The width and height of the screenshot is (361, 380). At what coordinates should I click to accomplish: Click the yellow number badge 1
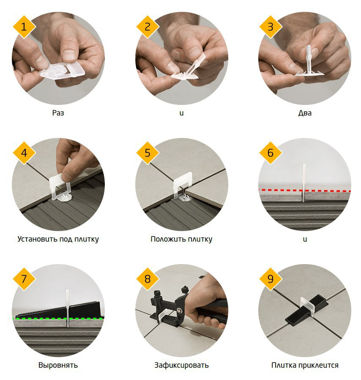coord(24,27)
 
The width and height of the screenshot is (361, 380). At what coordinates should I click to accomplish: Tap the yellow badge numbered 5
coord(148,153)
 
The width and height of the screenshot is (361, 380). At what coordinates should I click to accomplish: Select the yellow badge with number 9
coord(271,279)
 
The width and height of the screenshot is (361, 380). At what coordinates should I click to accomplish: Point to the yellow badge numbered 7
coord(24,279)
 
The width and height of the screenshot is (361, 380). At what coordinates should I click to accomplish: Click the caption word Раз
coord(58,113)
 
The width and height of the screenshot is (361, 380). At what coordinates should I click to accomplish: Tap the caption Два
coord(305,113)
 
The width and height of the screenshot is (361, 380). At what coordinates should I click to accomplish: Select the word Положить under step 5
coord(168,239)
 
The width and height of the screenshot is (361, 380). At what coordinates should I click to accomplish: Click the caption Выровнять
coord(58,365)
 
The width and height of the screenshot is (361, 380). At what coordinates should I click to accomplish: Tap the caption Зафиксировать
coord(181,365)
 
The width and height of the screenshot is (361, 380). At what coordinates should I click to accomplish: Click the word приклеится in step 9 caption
coord(318,365)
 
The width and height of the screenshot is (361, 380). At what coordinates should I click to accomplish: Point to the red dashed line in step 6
coord(305,191)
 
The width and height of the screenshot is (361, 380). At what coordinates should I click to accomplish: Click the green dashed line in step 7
coord(58,319)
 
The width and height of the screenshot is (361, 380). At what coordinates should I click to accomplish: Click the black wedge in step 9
coord(306,309)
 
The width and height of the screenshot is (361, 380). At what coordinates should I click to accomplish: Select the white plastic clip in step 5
coord(183,186)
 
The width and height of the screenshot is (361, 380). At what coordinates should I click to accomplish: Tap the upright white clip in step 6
coord(304,183)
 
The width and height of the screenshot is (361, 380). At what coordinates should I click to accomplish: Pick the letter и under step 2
coord(182,113)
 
